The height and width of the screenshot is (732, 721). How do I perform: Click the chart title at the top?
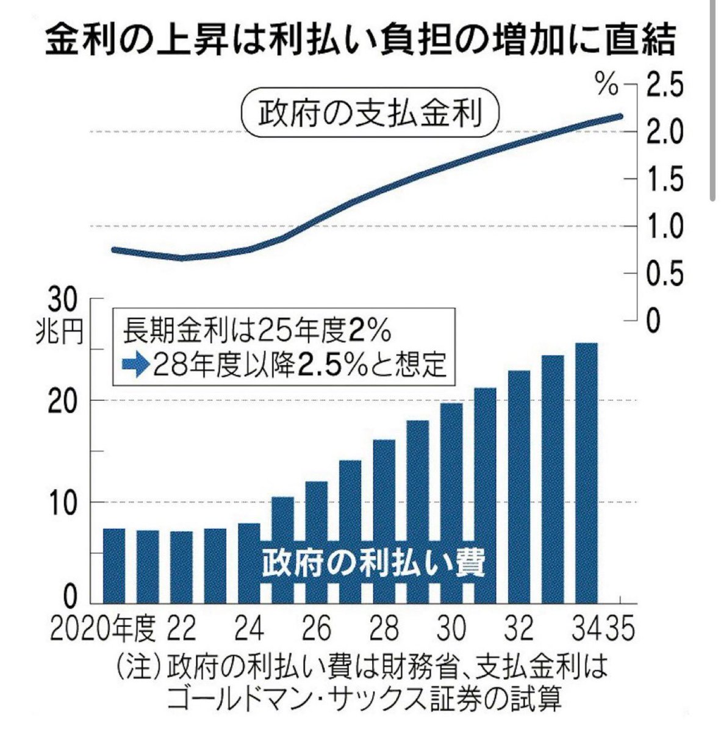360,41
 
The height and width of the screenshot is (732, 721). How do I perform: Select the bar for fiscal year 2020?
114,565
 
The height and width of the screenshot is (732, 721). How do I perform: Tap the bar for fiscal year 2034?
587,473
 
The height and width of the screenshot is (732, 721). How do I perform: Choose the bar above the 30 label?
451,503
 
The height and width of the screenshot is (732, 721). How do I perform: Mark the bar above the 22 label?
181,566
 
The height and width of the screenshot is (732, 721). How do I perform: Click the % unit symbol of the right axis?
608,86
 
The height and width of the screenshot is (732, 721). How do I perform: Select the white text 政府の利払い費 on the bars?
373,564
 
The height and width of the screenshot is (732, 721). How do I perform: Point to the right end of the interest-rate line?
620,116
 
